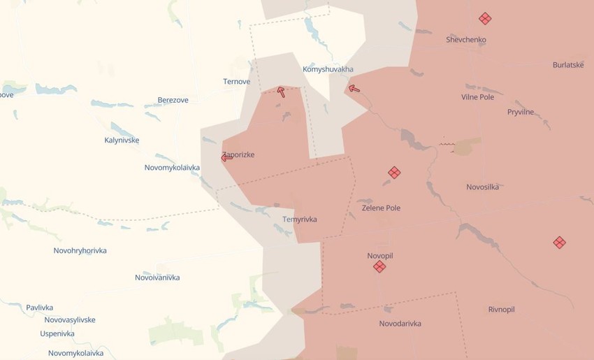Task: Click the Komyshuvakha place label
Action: pyautogui.click(x=328, y=70)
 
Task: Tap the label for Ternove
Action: pyautogui.click(x=236, y=82)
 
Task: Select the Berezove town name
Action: pyautogui.click(x=173, y=101)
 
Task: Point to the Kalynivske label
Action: pyautogui.click(x=122, y=141)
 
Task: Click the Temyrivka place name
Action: pyautogui.click(x=299, y=219)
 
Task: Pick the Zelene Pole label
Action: pyautogui.click(x=381, y=208)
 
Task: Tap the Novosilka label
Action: pyautogui.click(x=482, y=187)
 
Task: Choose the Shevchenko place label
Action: pyautogui.click(x=465, y=40)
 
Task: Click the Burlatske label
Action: pyautogui.click(x=567, y=65)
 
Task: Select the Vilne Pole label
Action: pyautogui.click(x=477, y=97)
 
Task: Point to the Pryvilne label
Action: pyautogui.click(x=520, y=112)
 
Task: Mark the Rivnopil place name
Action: pyautogui.click(x=501, y=310)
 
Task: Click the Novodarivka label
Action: pyautogui.click(x=400, y=324)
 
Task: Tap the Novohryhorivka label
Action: pyautogui.click(x=80, y=250)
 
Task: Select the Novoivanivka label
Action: pyautogui.click(x=157, y=278)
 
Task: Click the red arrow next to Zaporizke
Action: pyautogui.click(x=226, y=158)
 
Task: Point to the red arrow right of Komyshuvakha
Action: pyautogui.click(x=354, y=88)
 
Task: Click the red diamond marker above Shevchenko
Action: pyautogui.click(x=485, y=19)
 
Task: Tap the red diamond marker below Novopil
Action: pyautogui.click(x=379, y=266)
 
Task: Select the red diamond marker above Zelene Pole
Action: pyautogui.click(x=394, y=172)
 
